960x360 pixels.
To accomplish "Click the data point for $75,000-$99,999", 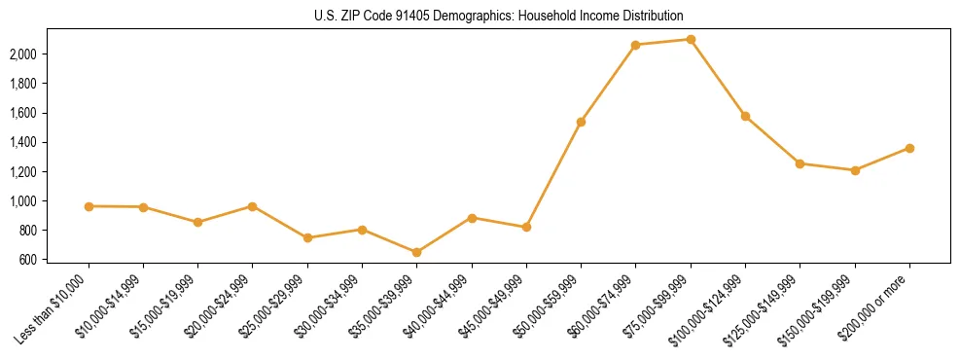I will click(691, 39).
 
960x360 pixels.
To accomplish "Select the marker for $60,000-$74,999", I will click(635, 45).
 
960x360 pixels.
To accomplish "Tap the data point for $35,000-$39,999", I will click(417, 252).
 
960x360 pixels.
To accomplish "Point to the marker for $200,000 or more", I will click(909, 148).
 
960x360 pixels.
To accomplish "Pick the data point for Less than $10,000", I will click(89, 206).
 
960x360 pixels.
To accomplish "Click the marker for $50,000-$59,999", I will click(581, 122).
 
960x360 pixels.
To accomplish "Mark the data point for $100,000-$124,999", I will click(745, 116).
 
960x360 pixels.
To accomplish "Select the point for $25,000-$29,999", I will click(307, 237).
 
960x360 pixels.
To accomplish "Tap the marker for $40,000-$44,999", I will click(472, 218).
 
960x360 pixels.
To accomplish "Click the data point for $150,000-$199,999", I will click(855, 170).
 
